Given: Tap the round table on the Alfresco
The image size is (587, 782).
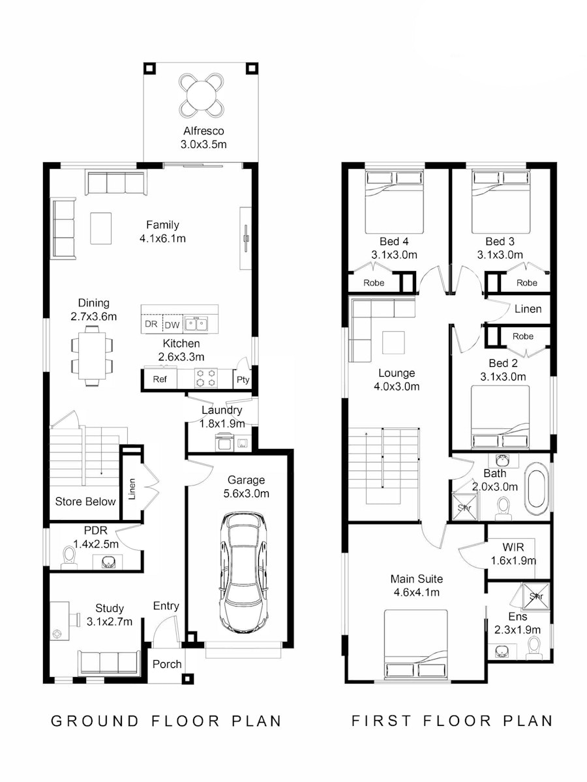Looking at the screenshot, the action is click(202, 96).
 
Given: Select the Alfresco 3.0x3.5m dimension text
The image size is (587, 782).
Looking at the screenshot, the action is click(203, 144).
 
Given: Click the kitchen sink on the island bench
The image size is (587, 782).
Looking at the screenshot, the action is click(197, 324).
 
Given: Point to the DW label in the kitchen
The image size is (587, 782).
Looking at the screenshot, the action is click(172, 325).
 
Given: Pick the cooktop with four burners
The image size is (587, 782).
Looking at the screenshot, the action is click(206, 378).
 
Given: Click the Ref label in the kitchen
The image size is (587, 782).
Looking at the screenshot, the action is click(160, 379).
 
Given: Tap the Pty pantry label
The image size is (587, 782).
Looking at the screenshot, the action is click(243, 380).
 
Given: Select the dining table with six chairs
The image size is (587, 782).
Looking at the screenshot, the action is click(92, 356).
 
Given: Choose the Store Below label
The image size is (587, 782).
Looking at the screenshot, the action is click(85, 502).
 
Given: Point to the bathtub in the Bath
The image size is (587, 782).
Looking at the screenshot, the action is click(537, 489).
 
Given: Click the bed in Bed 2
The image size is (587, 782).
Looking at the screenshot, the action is click(500, 417).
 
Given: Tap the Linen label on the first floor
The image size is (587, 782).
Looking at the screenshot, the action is click(528, 309).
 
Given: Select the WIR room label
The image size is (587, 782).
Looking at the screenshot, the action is click(513, 547).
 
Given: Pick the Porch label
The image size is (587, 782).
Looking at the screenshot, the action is click(167, 665).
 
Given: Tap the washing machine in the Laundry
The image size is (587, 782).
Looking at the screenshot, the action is click(224, 442).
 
